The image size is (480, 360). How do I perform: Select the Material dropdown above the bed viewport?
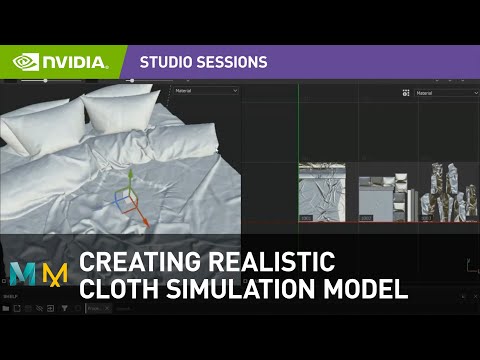(x=206, y=91)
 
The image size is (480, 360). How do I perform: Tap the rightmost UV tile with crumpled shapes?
(x=444, y=192)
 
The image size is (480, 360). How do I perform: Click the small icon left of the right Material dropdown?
(x=406, y=92)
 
